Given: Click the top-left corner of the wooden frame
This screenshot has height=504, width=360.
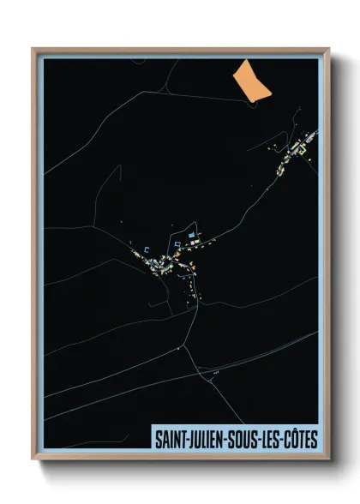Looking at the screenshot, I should click(33, 49).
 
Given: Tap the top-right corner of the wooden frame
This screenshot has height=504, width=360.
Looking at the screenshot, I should click(328, 49).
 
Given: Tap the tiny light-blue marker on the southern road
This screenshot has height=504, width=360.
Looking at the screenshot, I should click(216, 373).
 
